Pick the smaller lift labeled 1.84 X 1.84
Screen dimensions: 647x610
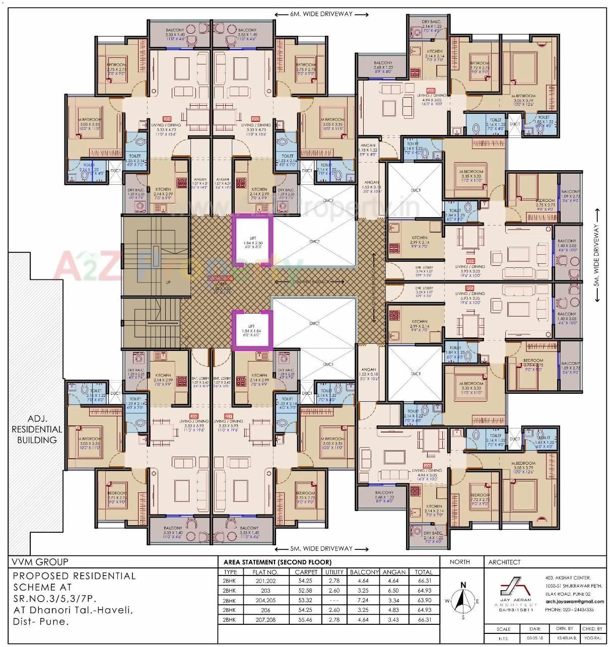(252, 330)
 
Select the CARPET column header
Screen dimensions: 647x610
(306, 572)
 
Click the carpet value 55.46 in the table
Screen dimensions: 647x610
(306, 619)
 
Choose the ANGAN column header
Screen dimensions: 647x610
(394, 572)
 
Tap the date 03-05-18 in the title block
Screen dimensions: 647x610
(534, 638)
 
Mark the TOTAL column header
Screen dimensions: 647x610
(424, 572)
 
